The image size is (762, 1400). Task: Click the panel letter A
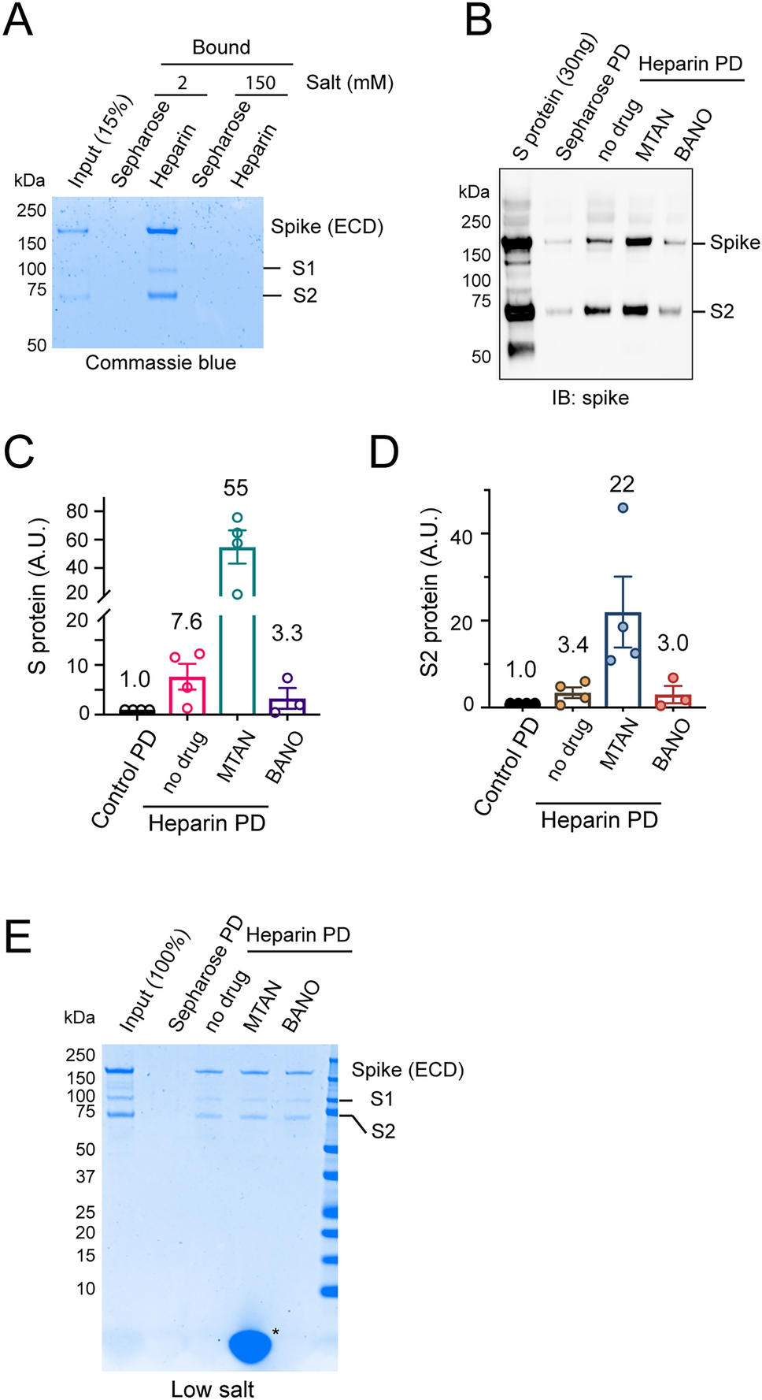coord(18,20)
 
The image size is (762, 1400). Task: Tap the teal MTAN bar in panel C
coord(237,630)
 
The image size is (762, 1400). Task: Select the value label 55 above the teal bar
coord(235,488)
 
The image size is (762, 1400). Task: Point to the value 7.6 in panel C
coord(187,622)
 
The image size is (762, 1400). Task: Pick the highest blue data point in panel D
coord(623,508)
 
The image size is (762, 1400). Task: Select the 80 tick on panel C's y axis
coord(77,511)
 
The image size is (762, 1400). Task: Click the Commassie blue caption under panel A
coord(161,362)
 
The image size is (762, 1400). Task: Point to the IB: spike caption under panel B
coord(590,398)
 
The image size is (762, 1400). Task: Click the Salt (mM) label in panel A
coord(350,83)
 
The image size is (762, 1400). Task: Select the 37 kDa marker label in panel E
coord(85,1176)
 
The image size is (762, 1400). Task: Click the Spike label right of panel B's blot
coord(734,243)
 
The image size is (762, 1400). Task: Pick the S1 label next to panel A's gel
coord(303,269)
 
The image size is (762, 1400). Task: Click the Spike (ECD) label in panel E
coord(407,1070)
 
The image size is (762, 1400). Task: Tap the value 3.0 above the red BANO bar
coord(672,643)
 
